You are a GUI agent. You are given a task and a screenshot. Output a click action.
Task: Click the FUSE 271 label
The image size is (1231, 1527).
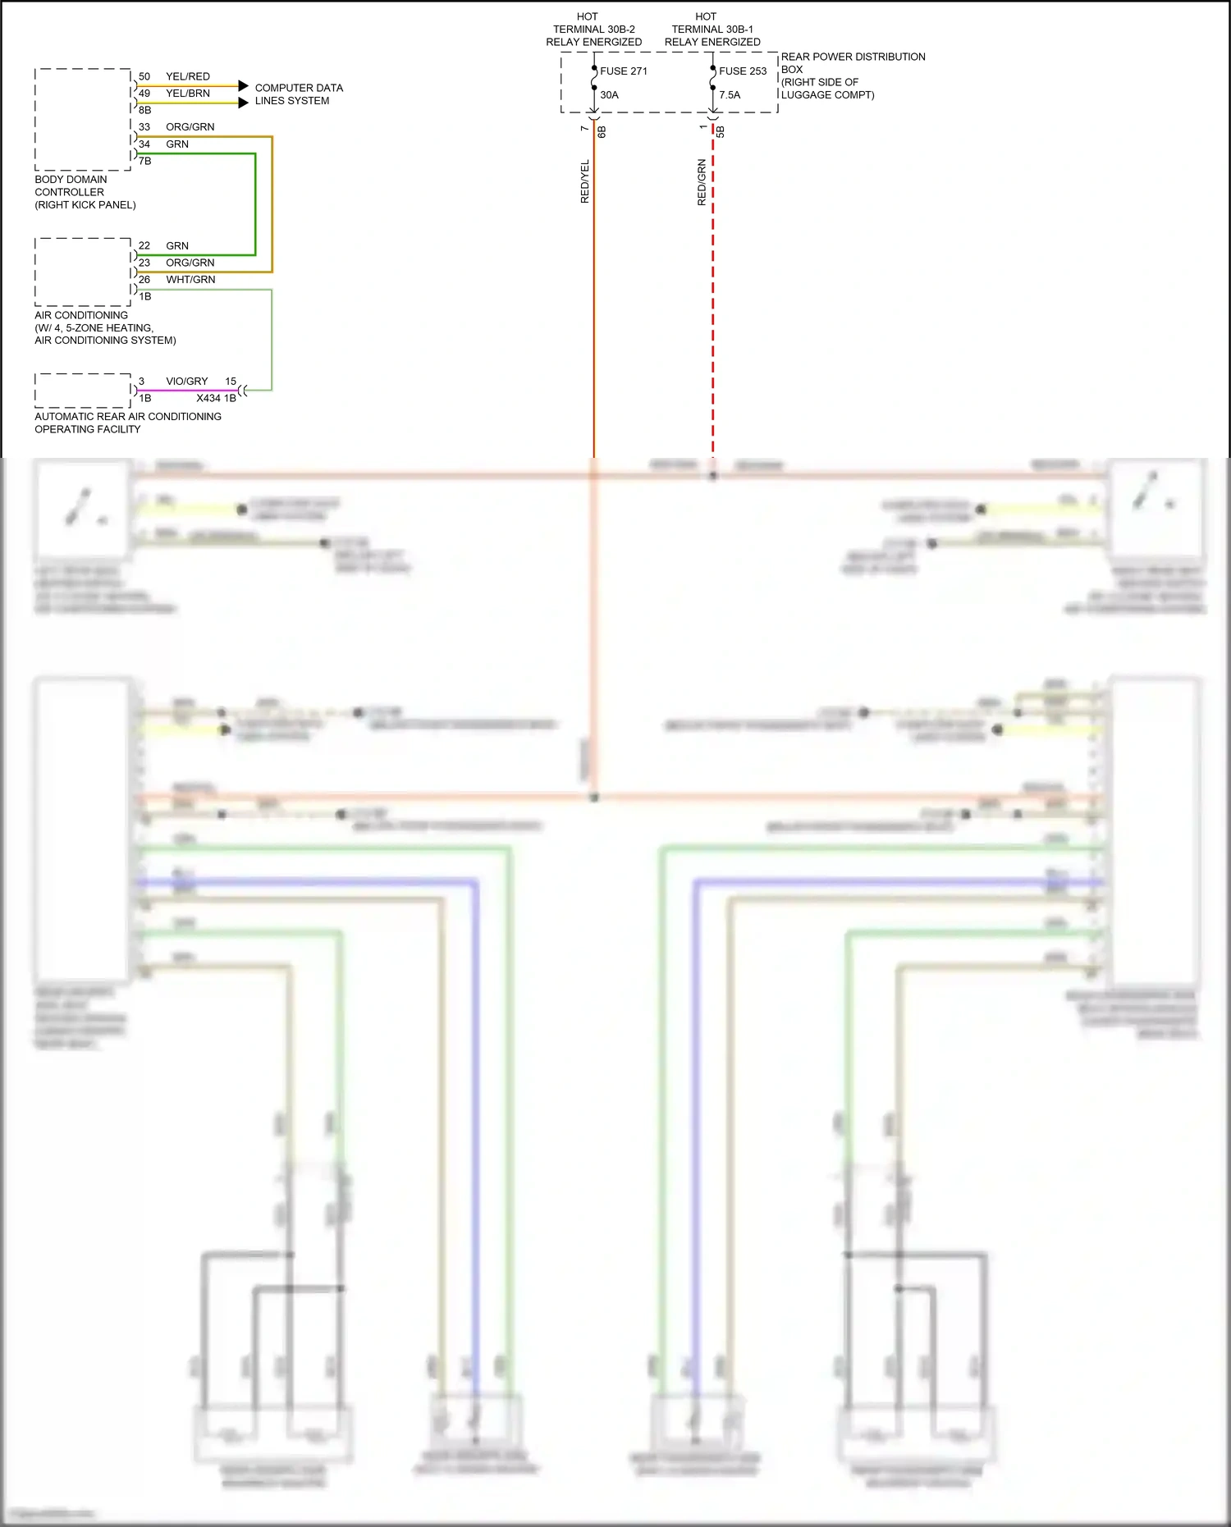(623, 71)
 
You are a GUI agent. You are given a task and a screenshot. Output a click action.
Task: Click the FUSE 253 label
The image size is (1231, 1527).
(742, 71)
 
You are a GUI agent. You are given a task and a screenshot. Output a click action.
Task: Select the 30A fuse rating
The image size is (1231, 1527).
(609, 95)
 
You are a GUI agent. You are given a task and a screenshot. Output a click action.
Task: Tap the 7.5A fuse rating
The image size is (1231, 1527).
(730, 95)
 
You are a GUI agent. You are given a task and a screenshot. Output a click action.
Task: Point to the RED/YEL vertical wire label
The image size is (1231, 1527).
(585, 181)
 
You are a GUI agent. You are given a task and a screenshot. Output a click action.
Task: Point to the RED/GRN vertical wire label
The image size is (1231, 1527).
(702, 181)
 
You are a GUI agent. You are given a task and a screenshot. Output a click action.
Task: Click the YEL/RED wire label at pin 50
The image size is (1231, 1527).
(187, 76)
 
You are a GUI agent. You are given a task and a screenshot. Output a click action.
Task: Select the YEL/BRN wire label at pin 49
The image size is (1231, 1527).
(187, 94)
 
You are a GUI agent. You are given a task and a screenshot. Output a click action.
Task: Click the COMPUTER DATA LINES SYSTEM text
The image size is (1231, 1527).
(298, 94)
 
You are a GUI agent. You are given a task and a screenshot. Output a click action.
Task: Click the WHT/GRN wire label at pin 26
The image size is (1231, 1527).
(190, 280)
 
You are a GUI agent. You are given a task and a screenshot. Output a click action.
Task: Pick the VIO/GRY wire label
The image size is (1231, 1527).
(186, 382)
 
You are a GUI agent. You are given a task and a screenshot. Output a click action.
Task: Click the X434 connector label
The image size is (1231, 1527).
(208, 398)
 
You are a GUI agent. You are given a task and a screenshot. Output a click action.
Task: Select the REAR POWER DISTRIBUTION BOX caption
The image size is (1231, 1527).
(852, 75)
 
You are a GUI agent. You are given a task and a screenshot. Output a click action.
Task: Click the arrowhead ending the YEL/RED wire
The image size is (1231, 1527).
(243, 85)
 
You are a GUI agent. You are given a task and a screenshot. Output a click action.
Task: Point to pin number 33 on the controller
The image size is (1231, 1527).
(144, 127)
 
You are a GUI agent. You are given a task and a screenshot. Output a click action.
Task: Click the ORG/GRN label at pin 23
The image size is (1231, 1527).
(190, 263)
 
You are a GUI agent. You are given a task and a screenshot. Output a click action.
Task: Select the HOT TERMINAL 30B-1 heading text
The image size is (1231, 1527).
(712, 29)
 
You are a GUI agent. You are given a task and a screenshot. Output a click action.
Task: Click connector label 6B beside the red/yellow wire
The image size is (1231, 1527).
(602, 131)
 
